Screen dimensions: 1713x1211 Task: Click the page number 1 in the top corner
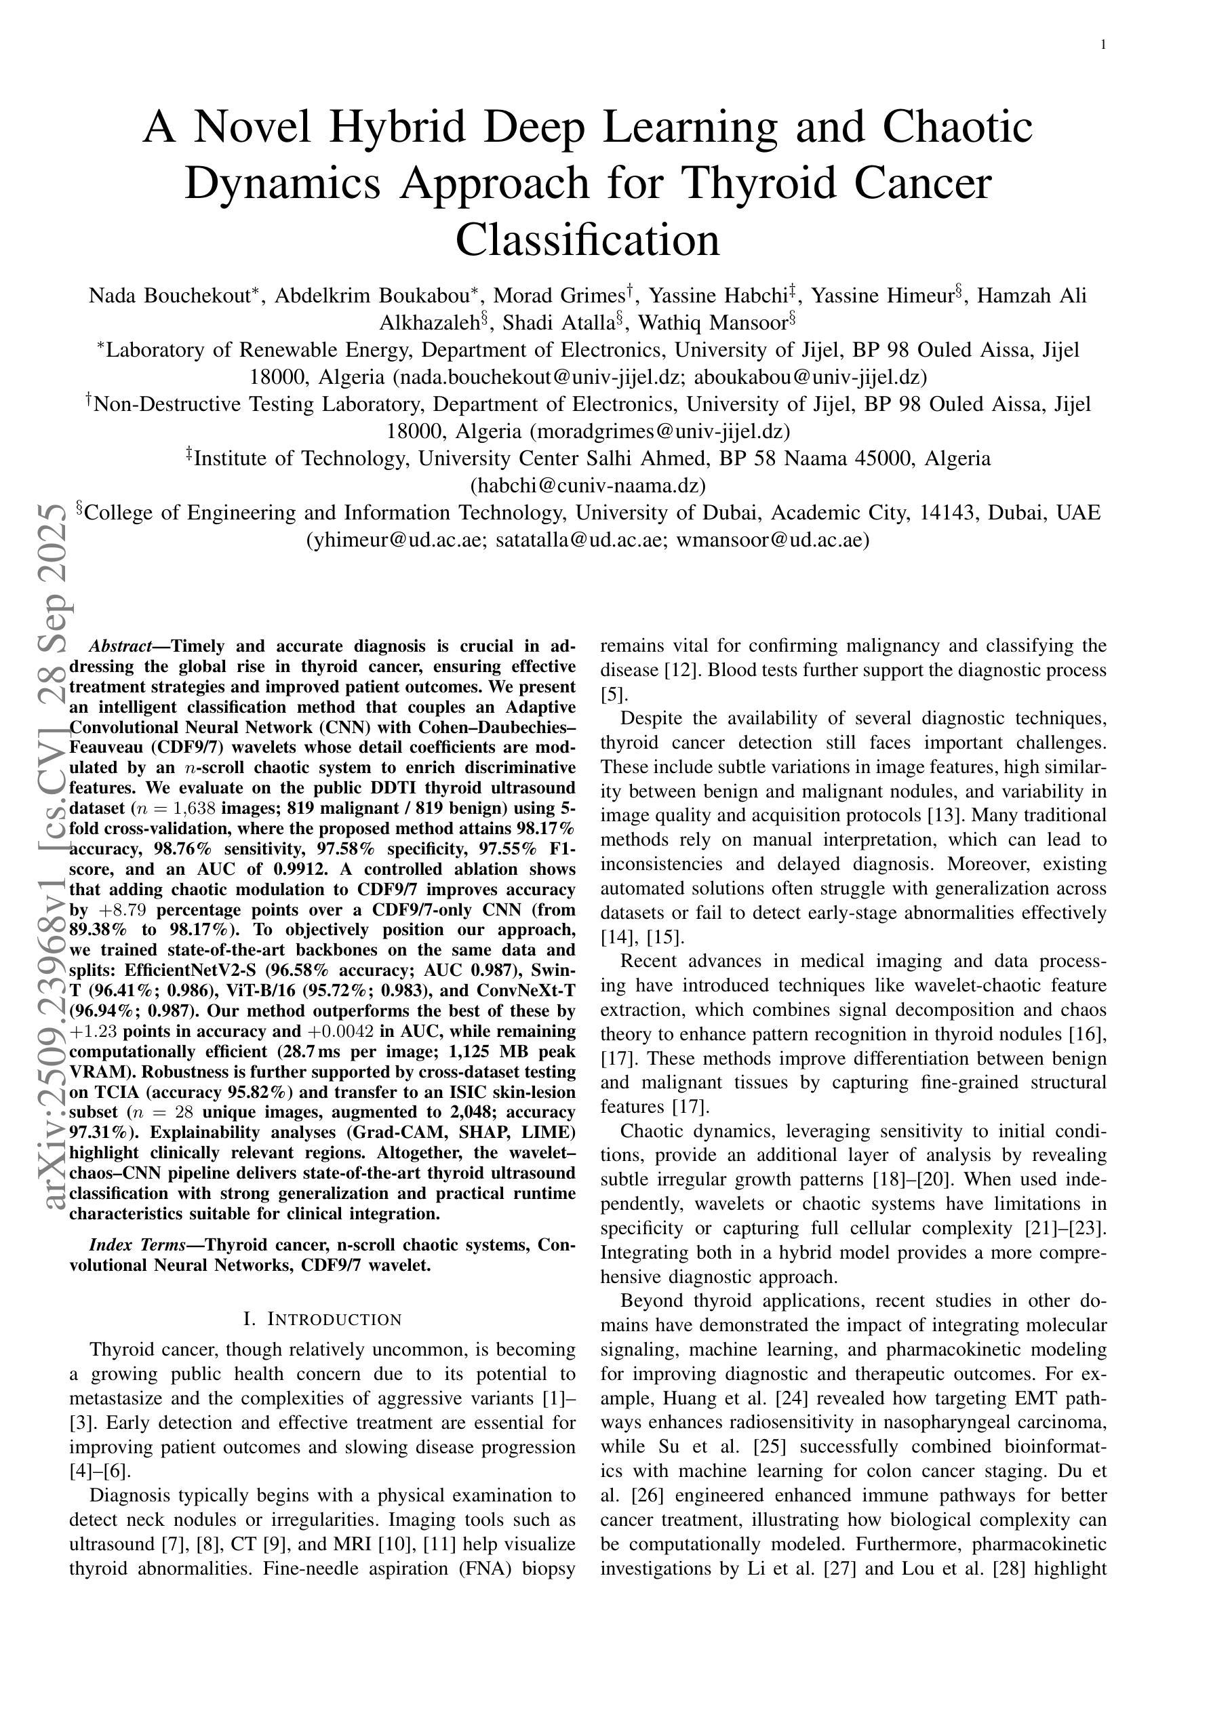click(x=1103, y=45)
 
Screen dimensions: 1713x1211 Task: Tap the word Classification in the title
click(x=587, y=239)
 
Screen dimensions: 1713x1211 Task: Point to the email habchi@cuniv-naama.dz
click(x=587, y=486)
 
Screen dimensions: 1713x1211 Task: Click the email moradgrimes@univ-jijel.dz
click(x=659, y=431)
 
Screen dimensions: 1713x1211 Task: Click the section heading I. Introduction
click(x=322, y=1319)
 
